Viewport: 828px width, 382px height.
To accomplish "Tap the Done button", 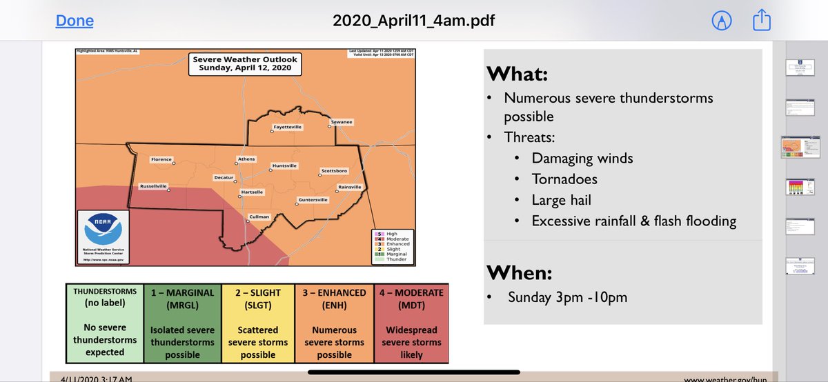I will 75,21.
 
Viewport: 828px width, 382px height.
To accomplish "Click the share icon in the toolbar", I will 761,21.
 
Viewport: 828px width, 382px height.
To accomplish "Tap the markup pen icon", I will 722,21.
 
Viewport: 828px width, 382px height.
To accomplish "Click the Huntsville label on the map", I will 284,165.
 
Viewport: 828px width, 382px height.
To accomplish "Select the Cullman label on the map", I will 259,217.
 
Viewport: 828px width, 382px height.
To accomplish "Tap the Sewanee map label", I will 342,122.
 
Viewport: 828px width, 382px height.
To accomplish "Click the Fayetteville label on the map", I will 287,128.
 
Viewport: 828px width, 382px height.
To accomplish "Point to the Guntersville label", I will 313,200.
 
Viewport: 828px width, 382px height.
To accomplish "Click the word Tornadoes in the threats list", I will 564,179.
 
